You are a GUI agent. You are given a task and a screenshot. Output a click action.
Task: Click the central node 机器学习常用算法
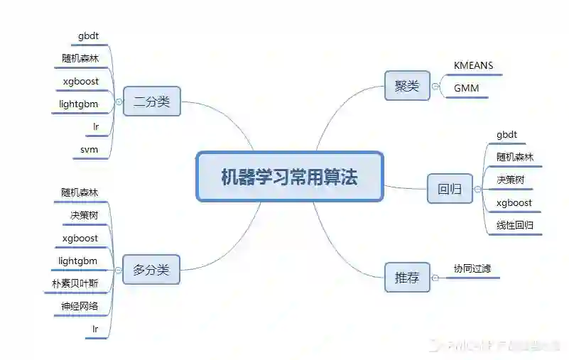coord(289,177)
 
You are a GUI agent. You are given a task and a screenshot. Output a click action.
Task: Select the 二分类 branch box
coord(151,102)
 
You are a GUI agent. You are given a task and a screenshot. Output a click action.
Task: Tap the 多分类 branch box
coord(151,269)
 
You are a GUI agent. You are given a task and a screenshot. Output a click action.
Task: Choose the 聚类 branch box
coord(407,86)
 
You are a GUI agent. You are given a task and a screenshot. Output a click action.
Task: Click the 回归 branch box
coord(449,188)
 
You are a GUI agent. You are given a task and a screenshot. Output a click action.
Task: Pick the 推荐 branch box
coord(407,278)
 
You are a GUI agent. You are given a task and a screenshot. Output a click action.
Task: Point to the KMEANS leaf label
coord(473,65)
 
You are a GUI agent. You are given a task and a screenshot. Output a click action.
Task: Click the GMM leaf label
coord(466,89)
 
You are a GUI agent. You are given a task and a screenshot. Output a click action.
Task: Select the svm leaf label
coord(90,150)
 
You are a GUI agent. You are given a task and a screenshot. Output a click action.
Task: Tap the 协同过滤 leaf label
coord(472,268)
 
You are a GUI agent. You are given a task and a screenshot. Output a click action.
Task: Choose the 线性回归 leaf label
coord(515,226)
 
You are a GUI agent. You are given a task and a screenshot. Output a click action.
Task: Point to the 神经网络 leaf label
coord(80,307)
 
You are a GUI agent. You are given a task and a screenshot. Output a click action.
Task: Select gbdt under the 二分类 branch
coord(90,35)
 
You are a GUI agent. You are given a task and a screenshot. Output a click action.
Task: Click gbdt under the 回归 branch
coord(506,134)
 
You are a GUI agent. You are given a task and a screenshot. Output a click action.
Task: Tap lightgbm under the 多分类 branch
coord(78,261)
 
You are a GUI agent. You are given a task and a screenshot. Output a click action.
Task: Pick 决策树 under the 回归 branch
coord(511,180)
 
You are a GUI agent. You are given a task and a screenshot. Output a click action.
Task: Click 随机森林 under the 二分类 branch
coord(80,58)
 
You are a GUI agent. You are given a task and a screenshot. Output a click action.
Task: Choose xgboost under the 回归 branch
coord(514,203)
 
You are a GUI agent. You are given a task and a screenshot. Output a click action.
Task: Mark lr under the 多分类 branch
coord(95,329)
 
